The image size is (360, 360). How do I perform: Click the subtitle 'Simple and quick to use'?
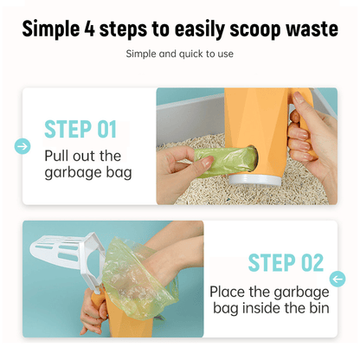point(179,54)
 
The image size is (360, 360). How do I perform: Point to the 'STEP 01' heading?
point(80,130)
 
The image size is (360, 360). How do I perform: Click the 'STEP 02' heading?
point(285,262)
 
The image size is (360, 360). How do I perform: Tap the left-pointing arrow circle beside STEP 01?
point(22,146)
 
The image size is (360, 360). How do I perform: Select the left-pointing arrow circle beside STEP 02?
point(337,279)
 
